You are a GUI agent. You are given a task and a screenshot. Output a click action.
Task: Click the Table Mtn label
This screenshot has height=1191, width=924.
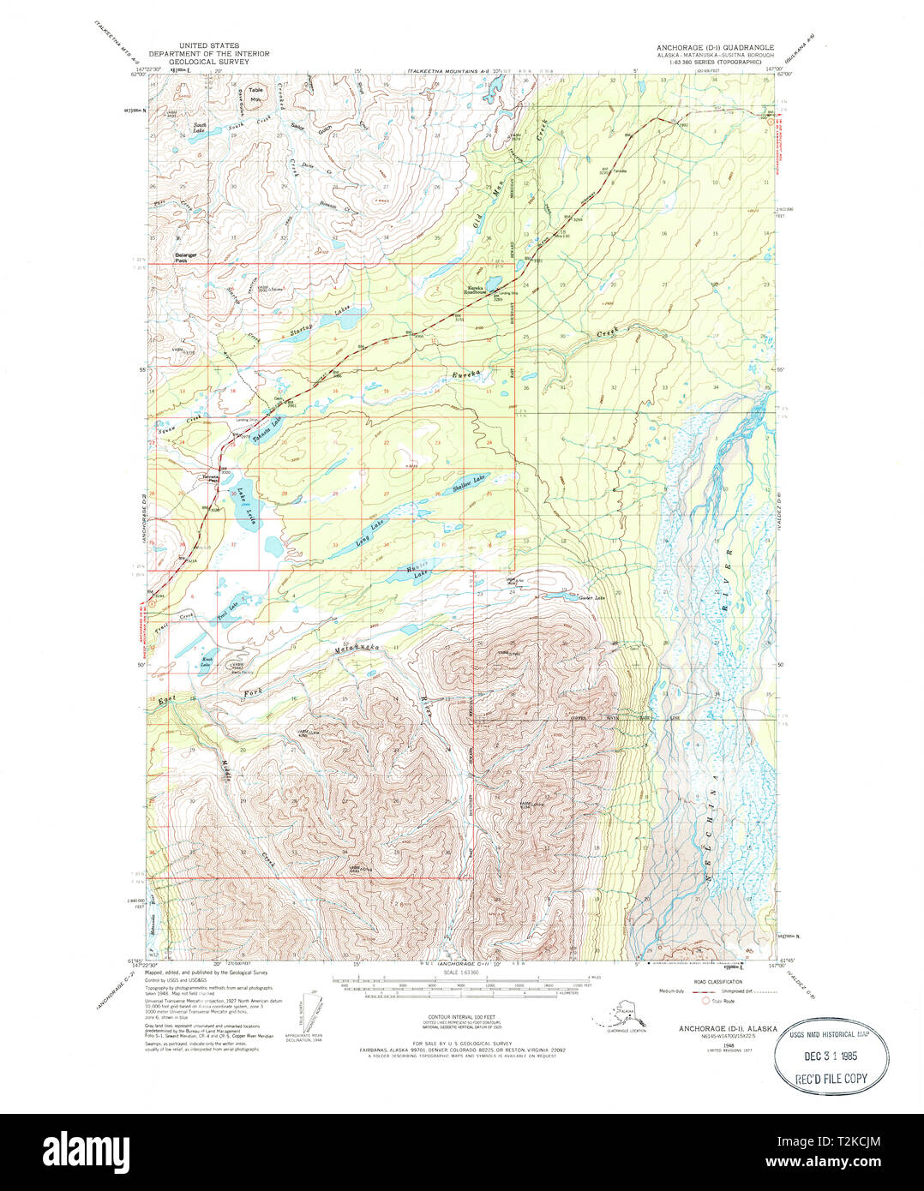[x=255, y=93]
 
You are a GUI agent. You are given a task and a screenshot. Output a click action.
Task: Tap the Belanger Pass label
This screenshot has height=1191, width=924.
[x=186, y=257]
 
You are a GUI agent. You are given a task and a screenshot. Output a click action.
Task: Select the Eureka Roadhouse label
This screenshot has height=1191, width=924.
[x=477, y=290]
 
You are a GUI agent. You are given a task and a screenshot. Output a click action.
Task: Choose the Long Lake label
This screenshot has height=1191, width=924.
[x=371, y=534]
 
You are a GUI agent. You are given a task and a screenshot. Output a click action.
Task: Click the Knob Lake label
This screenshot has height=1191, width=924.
[x=206, y=661]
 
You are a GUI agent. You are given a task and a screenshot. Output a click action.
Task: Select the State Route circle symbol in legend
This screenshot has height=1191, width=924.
[x=705, y=1000]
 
